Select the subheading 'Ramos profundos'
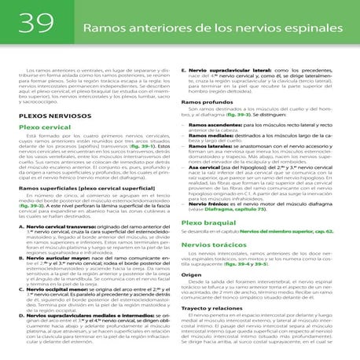click(x=204, y=103)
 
